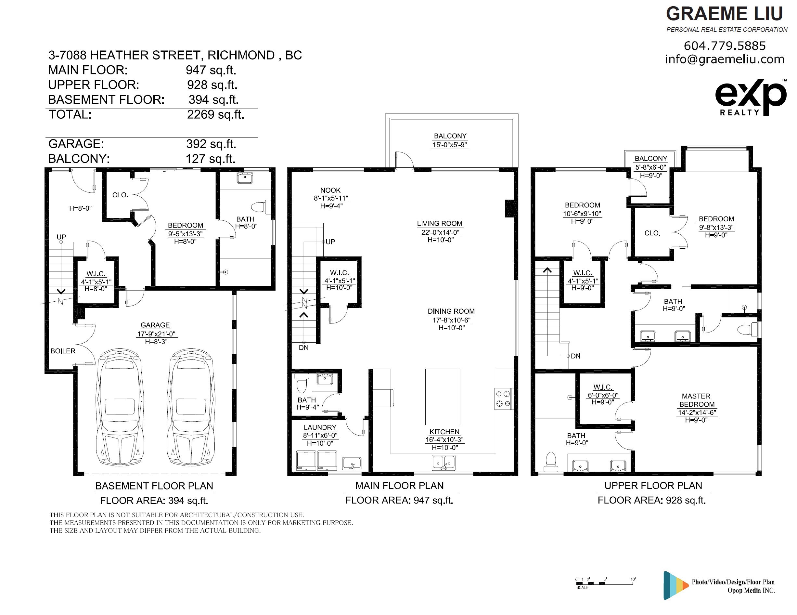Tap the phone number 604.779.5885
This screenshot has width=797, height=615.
click(x=724, y=46)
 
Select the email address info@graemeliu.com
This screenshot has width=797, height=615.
click(x=724, y=59)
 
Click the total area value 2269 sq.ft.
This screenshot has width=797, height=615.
click(x=216, y=115)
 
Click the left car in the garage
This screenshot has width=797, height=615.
click(x=120, y=407)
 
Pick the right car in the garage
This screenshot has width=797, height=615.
click(x=191, y=407)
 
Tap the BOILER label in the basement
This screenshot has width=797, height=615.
click(x=63, y=351)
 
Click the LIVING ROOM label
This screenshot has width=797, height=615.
click(x=439, y=223)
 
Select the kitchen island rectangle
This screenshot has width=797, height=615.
click(x=442, y=397)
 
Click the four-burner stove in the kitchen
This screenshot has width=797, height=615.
click(x=503, y=399)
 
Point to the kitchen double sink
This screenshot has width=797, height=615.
click(x=443, y=463)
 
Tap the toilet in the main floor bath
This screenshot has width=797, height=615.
click(x=302, y=383)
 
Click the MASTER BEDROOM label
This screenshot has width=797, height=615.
click(x=696, y=400)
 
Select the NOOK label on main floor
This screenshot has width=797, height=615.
click(x=330, y=190)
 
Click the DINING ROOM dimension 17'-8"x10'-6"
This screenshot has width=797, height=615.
click(x=451, y=320)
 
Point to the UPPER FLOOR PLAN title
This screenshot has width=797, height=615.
click(x=653, y=486)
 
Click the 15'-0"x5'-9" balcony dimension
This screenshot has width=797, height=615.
click(x=450, y=145)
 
